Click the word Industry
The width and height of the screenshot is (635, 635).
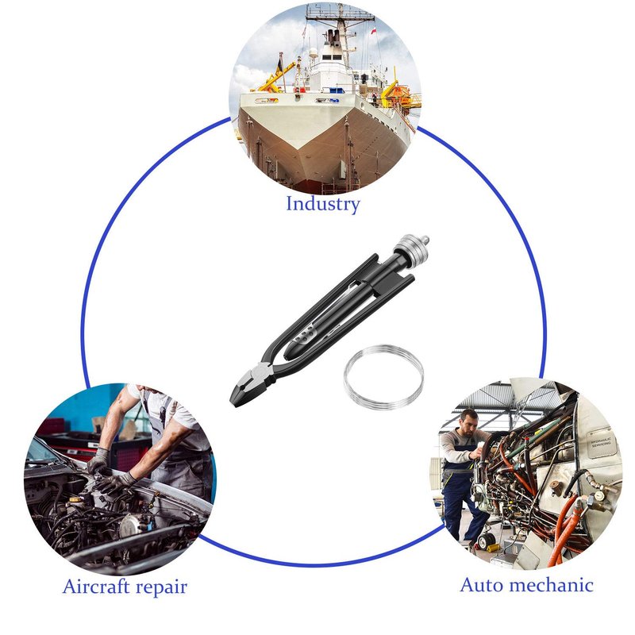323,204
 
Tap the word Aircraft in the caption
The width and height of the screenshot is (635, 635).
95,586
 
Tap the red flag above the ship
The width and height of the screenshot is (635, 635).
374,31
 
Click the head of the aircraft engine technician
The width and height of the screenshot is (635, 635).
469,421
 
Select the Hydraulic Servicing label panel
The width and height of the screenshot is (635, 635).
602,443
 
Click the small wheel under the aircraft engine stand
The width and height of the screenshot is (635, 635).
486,541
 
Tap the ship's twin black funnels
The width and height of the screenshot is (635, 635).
333,36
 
